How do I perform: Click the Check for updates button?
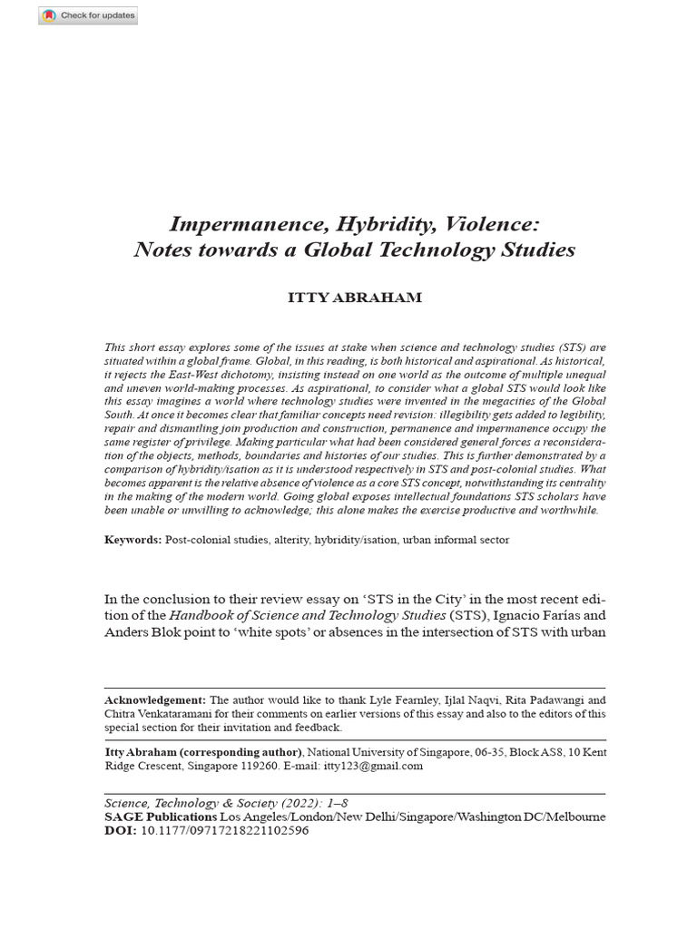[x=88, y=15]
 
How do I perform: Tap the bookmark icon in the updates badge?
[x=49, y=15]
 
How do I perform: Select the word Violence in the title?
[x=496, y=224]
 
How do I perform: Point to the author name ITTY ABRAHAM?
[x=355, y=298]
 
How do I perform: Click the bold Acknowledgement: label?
[x=155, y=700]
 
